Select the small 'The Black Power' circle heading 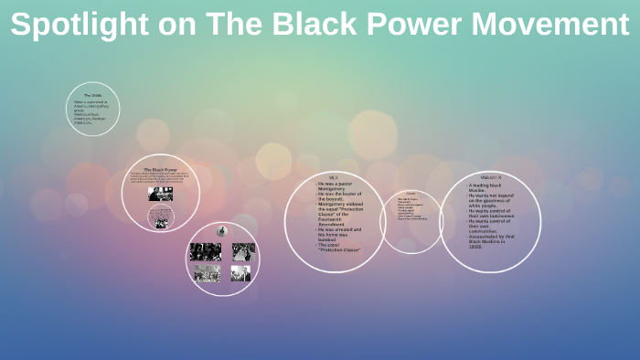coord(160,169)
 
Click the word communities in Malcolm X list coord(481,231)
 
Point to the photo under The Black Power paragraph coord(160,195)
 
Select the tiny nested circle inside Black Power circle coord(161,217)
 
